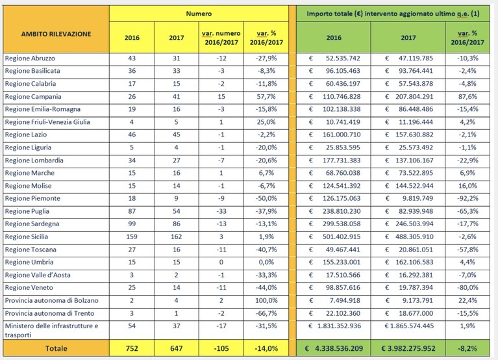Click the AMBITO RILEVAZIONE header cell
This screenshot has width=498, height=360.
point(56,34)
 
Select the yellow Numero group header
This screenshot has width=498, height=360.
point(199,14)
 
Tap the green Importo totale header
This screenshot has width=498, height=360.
point(393,14)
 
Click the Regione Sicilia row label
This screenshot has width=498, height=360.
point(27,237)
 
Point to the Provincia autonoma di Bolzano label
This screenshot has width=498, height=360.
point(51,300)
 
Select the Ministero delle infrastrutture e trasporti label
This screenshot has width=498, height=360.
point(51,330)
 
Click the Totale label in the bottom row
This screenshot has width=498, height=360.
point(56,348)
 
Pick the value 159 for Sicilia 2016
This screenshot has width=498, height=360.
point(132,237)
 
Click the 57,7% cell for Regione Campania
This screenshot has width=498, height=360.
point(266,97)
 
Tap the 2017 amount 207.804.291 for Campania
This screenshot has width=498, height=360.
point(414,97)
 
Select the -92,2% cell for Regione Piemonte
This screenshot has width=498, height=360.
point(467,198)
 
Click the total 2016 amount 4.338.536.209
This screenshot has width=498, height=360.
point(339,348)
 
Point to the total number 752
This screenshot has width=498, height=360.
point(132,348)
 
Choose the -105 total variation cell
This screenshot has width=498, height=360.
point(221,348)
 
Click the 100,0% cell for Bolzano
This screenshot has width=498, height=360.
point(266,300)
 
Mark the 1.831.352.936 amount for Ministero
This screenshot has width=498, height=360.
point(339,326)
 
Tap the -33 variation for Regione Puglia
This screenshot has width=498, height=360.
point(221,211)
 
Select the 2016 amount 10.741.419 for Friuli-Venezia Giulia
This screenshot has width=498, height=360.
point(343,122)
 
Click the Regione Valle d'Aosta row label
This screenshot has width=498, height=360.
point(38,275)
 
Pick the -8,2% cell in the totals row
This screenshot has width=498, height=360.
point(467,348)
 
